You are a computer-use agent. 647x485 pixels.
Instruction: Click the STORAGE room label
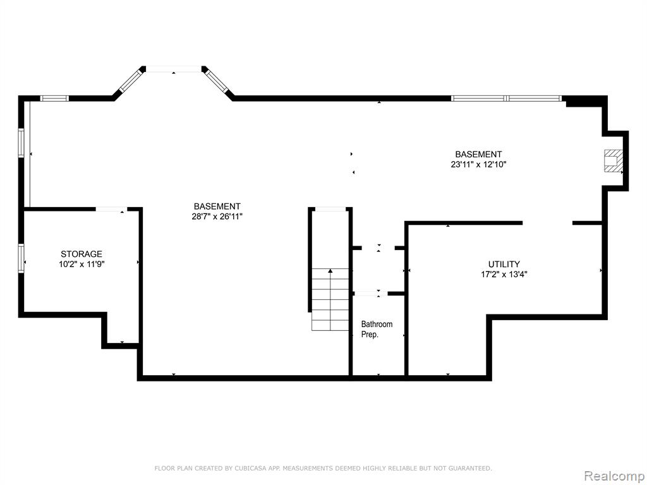tap(82, 254)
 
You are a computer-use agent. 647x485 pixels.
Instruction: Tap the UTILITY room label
tap(504, 264)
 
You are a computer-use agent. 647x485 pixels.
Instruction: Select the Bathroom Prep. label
tap(377, 329)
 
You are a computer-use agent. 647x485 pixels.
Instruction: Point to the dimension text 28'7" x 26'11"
tap(217, 217)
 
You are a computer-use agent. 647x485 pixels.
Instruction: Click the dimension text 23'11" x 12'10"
tap(478, 164)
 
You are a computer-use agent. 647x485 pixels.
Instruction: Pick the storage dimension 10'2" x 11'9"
tap(82, 265)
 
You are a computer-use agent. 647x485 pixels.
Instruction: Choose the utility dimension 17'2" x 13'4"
tap(504, 274)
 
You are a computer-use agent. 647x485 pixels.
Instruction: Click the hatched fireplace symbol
tap(613, 160)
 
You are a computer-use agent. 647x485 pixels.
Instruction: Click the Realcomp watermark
tap(614, 476)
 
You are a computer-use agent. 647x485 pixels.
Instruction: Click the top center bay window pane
tap(174, 69)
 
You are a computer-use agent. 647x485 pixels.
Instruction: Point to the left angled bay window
tap(130, 81)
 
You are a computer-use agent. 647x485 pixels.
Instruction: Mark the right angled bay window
tap(218, 81)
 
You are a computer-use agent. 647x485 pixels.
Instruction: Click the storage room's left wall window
tap(21, 258)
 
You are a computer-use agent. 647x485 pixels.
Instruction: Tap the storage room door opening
tap(112, 210)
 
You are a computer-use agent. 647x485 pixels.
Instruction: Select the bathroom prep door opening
tap(370, 294)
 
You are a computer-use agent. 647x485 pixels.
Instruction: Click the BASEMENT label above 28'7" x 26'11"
tap(217, 207)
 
